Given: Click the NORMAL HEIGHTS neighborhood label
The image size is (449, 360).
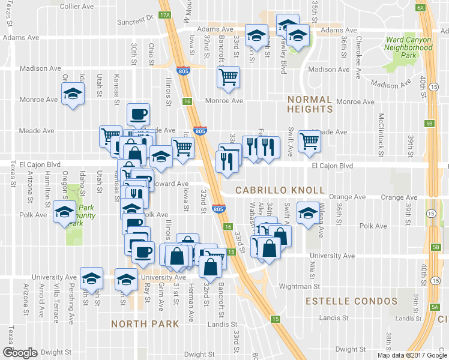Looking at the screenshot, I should click(310, 104).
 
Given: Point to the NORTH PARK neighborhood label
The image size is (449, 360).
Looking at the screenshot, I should click(145, 324).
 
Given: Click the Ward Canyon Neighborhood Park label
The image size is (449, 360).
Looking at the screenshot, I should click(409, 47).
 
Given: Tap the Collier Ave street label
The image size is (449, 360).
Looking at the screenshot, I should click(77, 6).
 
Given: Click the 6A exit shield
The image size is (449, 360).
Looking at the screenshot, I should click(420, 7).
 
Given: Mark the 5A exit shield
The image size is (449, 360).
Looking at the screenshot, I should click(435, 307).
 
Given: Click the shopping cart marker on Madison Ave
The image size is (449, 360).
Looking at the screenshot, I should click(228, 77).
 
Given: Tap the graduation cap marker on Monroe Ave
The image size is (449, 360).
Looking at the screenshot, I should click(73, 94).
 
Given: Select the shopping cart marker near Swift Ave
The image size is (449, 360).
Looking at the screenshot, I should click(310, 141).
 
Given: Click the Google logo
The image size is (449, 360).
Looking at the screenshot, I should click(20, 353).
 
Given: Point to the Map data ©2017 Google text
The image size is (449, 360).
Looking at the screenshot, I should click(412, 355).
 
